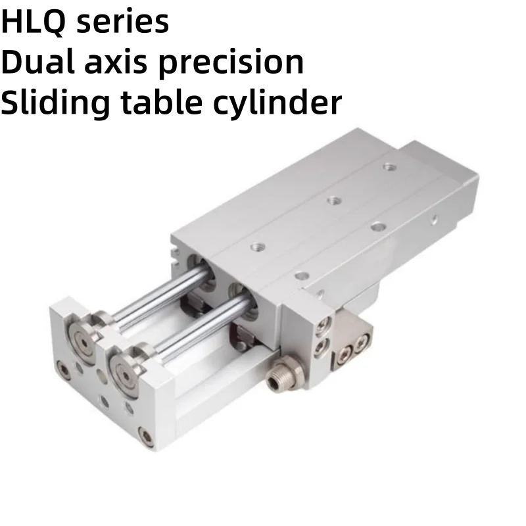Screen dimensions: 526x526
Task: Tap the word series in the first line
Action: pyautogui.click(x=123, y=22)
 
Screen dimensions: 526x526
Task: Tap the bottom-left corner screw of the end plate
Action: pyautogui.click(x=64, y=370)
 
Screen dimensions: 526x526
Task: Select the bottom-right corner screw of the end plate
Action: pyautogui.click(x=146, y=436)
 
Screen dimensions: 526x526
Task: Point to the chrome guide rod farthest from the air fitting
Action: pyautogui.click(x=158, y=293)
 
